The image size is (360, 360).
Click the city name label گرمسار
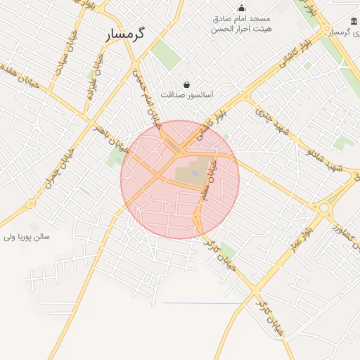coord(126,34)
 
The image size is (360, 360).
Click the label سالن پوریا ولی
coord(27,237)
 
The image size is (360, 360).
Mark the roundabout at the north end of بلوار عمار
coord(324,207)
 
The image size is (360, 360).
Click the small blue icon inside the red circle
coord(194,173)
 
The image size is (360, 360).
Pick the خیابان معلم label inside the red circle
coord(210,179)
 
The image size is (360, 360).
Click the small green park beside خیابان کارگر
coord(227,250)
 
